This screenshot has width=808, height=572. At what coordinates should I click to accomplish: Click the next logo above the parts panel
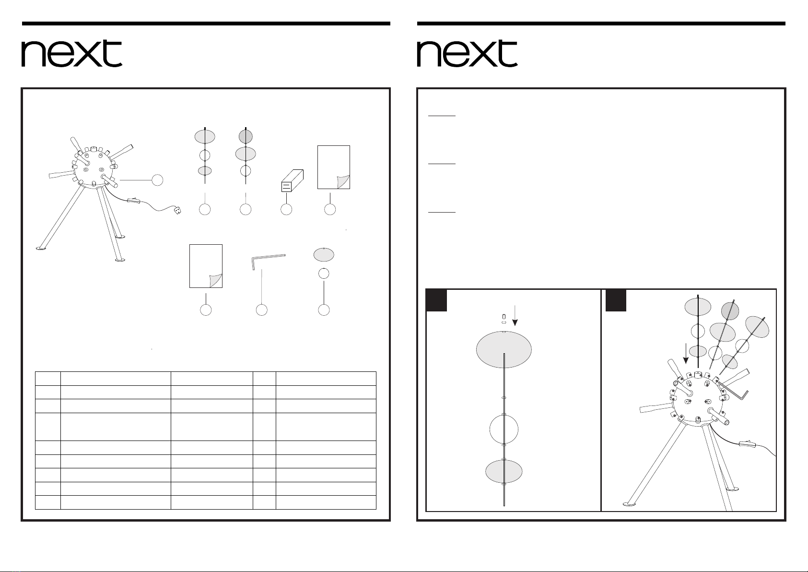tap(72, 53)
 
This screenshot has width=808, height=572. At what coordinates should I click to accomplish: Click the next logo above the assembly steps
tap(467, 53)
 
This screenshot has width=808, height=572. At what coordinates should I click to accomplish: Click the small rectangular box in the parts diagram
tap(292, 180)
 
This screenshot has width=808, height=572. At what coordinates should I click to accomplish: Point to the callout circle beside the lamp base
tap(157, 180)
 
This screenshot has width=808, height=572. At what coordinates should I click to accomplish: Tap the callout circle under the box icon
tap(286, 209)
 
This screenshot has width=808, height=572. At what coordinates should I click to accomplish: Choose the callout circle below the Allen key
tap(261, 310)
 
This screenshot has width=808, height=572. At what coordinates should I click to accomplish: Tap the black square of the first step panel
tap(437, 300)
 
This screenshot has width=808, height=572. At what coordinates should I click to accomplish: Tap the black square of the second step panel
tap(616, 300)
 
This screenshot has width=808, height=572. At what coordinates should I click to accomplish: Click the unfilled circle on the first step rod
tap(504, 429)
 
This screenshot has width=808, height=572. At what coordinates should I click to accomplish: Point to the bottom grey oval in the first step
tap(504, 472)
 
